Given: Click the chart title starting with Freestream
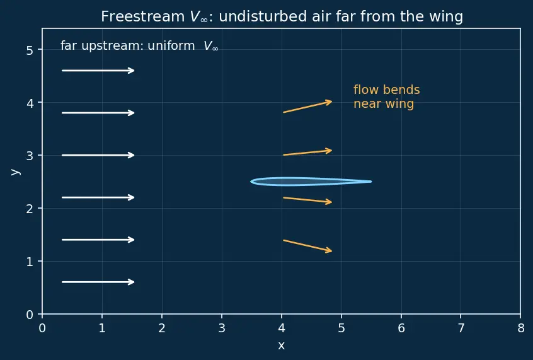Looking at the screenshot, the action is (x=282, y=16).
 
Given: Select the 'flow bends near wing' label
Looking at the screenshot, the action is (x=386, y=96).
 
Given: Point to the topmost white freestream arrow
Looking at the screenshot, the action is (x=98, y=71).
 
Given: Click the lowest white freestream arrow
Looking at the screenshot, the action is (x=98, y=282).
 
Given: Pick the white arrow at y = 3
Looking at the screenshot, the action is (x=98, y=155).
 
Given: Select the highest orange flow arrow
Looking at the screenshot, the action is (x=307, y=107).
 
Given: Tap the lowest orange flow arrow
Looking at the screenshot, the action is (x=307, y=246).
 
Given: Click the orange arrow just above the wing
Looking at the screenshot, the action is (x=307, y=153).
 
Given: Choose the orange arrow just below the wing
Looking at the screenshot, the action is (x=307, y=200).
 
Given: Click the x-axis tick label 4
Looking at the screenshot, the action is (x=282, y=328).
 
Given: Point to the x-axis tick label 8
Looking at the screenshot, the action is (x=521, y=328).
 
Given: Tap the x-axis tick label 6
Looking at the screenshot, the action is (x=401, y=328).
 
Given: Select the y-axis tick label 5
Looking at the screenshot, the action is (x=30, y=50).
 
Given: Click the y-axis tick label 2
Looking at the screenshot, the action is (x=30, y=209).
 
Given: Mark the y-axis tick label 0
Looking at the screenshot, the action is (x=30, y=315).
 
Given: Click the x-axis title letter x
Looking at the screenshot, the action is (x=281, y=345).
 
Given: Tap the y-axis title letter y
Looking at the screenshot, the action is (x=16, y=171).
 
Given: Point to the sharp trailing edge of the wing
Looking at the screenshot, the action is (x=371, y=182).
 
